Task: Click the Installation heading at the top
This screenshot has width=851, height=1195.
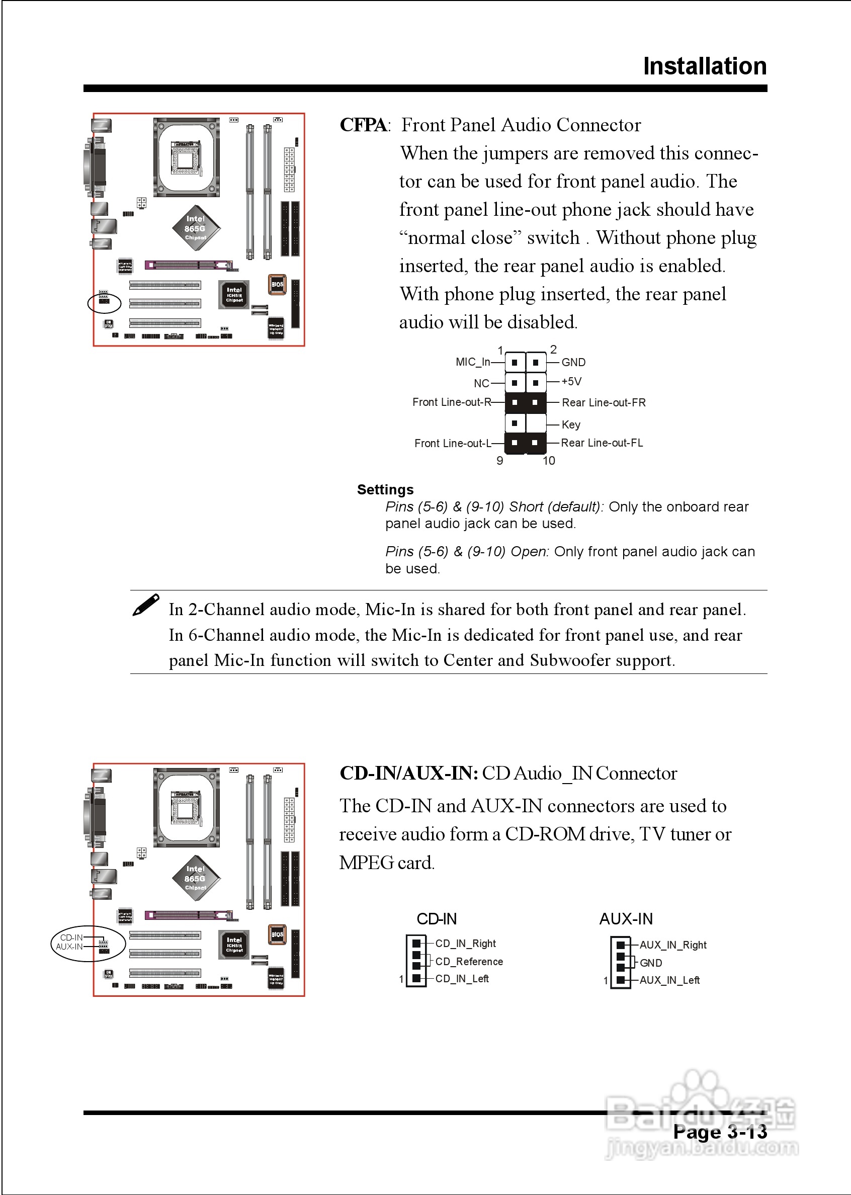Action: (704, 66)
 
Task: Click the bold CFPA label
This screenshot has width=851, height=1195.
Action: (363, 125)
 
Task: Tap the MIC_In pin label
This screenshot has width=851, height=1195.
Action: (473, 362)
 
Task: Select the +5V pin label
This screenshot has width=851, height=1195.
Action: (571, 381)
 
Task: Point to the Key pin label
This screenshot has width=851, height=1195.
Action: (571, 424)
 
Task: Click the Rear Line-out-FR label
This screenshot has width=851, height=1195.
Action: (604, 402)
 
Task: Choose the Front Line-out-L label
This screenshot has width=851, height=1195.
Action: (453, 443)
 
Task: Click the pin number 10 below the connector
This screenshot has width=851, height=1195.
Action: (549, 461)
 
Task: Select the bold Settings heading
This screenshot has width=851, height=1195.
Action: (385, 489)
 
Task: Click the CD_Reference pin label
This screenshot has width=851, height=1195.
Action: (469, 961)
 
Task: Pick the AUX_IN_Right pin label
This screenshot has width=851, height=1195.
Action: (673, 945)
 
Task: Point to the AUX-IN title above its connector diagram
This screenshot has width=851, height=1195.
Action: (626, 918)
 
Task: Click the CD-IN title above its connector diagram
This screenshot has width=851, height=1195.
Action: (437, 918)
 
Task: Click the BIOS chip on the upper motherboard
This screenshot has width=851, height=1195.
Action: (277, 285)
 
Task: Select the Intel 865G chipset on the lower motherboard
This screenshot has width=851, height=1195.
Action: (196, 878)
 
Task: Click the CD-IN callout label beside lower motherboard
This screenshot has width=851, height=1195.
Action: (71, 937)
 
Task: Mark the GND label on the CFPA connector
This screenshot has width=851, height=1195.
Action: (573, 362)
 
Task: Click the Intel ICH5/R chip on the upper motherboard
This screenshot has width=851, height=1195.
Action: (234, 294)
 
